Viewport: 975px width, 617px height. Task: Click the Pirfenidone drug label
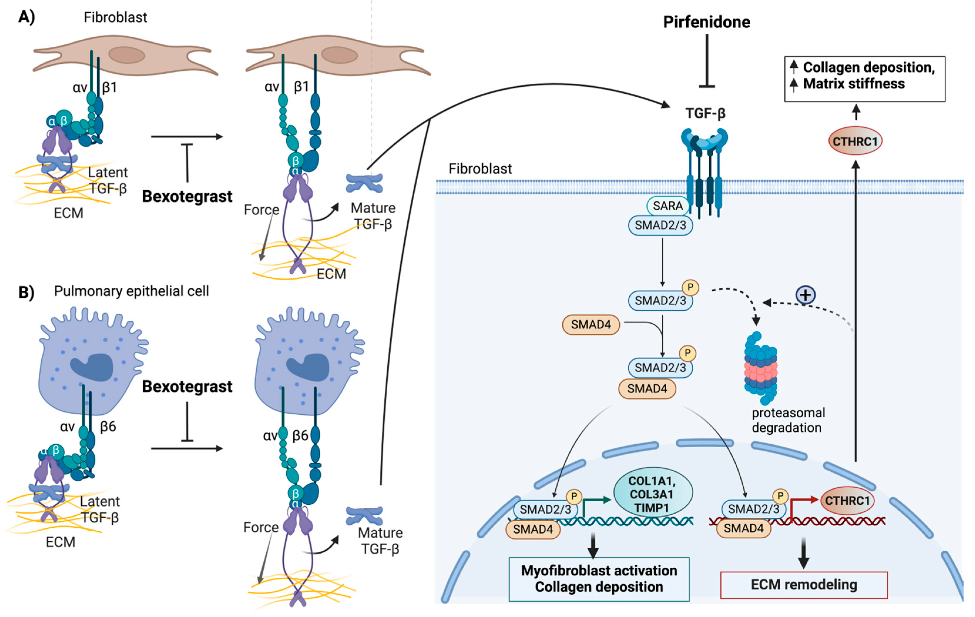[x=706, y=22]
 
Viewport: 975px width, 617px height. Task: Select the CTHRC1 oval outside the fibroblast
[x=855, y=141]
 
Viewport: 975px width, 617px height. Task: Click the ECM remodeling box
[x=804, y=585]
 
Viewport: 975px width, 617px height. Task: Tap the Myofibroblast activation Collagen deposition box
[x=599, y=579]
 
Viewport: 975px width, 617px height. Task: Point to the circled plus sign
[x=805, y=295]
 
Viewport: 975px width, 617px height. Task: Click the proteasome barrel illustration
[x=760, y=368]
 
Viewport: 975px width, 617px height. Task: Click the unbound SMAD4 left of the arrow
[x=591, y=324]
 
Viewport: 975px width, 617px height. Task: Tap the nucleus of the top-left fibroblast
[x=127, y=55]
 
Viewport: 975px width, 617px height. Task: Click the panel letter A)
[x=27, y=17]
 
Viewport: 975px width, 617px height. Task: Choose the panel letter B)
[x=26, y=292]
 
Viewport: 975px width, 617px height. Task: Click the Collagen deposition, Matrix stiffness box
[x=865, y=79]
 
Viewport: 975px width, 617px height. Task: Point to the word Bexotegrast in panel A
[x=187, y=196]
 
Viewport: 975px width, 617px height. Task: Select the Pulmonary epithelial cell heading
[x=132, y=291]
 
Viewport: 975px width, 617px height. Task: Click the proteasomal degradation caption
[x=788, y=420]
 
